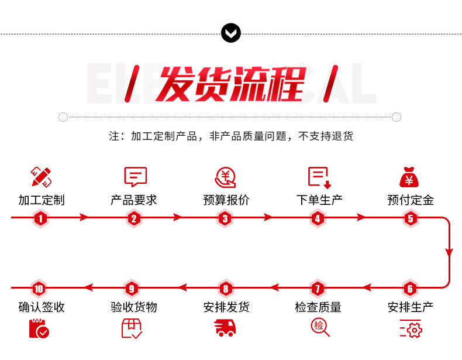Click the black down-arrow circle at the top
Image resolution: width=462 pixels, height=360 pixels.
(x=231, y=33)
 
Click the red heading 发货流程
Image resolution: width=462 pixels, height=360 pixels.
(x=232, y=84)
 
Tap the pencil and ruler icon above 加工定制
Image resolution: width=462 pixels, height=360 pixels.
(x=41, y=176)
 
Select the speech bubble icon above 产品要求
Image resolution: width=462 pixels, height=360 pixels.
(x=135, y=177)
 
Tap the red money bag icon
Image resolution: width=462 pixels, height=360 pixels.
(x=409, y=177)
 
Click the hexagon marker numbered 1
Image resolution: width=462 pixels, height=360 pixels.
(x=40, y=219)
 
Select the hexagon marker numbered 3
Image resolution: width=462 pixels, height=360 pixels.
(x=225, y=219)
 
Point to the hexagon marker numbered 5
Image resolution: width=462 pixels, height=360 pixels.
(x=411, y=219)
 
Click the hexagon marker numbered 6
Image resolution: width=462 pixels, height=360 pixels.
(x=411, y=289)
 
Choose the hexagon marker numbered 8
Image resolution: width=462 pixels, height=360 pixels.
(x=225, y=289)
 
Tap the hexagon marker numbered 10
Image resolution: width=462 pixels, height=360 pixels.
(x=39, y=289)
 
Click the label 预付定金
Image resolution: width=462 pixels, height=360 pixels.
(x=411, y=200)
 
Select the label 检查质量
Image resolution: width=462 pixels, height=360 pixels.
(x=318, y=307)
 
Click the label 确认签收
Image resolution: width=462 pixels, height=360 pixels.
(x=41, y=307)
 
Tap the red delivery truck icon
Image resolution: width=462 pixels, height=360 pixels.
(x=226, y=328)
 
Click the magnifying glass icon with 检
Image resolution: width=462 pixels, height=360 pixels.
(x=320, y=327)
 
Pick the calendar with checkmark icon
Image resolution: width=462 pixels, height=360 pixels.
(x=39, y=328)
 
